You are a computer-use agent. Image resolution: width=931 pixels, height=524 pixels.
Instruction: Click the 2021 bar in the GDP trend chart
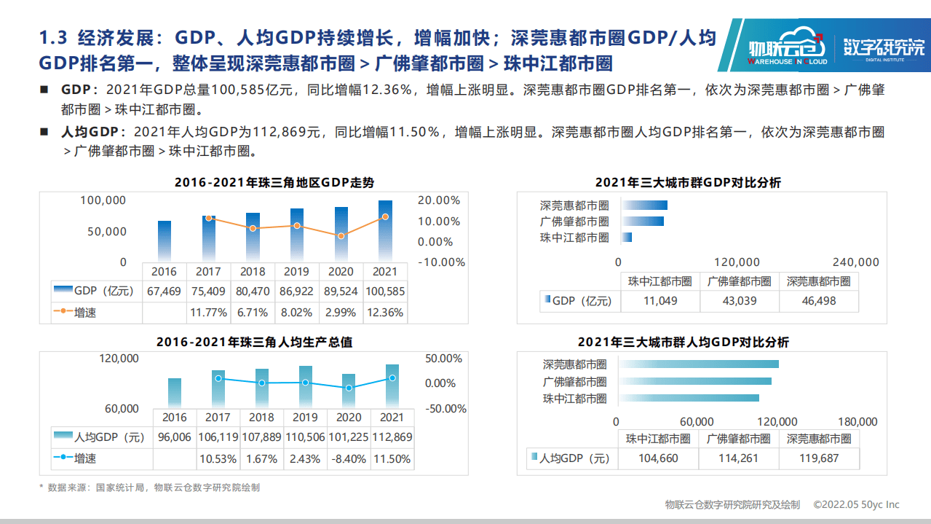point(385,231)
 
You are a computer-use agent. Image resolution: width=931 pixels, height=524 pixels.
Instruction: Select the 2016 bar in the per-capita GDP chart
point(175,393)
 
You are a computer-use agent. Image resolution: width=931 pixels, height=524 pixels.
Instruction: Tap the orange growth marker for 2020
point(341,235)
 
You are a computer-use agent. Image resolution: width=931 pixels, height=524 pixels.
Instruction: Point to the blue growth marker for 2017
point(218,378)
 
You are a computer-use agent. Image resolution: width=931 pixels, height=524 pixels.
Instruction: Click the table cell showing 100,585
point(385,291)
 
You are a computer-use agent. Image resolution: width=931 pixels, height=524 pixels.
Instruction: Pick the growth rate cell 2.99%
point(341,313)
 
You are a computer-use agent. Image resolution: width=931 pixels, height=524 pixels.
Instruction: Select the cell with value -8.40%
point(349,459)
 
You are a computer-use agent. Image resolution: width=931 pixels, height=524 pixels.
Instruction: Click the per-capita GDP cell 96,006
point(174,437)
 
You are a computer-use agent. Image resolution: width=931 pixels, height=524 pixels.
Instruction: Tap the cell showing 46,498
point(818,300)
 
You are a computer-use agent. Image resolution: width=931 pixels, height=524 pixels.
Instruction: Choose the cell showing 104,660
point(658,458)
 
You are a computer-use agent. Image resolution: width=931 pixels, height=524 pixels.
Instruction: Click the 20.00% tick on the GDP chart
point(440,200)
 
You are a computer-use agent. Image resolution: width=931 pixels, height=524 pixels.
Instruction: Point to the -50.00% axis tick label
point(445,409)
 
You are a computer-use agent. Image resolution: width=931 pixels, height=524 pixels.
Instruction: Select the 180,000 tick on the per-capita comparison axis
point(857,421)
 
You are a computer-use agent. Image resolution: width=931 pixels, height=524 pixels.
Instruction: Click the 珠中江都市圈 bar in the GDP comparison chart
point(627,238)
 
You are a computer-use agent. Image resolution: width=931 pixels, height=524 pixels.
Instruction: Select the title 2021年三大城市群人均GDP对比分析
point(683,342)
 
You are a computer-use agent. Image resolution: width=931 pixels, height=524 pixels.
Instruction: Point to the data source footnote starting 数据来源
point(149,488)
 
